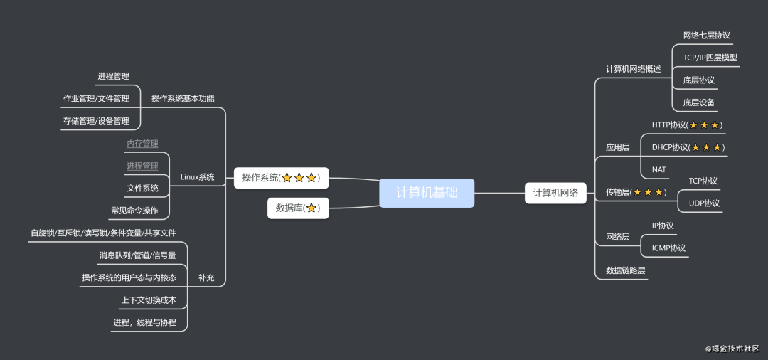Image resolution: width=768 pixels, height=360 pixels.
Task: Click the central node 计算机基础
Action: (427, 193)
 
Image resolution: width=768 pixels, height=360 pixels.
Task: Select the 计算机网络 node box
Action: (555, 193)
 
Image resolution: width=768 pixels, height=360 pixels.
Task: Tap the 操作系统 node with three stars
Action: (281, 178)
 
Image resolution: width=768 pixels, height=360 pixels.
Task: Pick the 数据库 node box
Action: (298, 208)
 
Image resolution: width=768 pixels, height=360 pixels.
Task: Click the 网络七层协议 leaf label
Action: (706, 36)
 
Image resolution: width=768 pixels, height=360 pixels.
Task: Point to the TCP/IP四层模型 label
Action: (709, 58)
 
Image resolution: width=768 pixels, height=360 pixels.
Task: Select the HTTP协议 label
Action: (686, 125)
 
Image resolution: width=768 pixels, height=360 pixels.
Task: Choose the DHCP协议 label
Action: (687, 148)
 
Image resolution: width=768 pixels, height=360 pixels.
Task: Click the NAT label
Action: (659, 170)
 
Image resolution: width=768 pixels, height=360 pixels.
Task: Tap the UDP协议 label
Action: (704, 203)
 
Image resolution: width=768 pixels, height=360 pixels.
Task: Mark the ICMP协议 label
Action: (668, 248)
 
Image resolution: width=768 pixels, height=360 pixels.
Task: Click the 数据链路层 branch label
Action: (626, 271)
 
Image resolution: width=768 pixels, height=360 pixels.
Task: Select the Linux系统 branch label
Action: (198, 177)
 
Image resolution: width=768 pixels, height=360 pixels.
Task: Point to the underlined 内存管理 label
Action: (142, 144)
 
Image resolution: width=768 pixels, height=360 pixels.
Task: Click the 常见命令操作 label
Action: (134, 211)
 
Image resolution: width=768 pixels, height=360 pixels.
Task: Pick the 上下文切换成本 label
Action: (149, 300)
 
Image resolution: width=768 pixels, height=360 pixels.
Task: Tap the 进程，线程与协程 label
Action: (144, 323)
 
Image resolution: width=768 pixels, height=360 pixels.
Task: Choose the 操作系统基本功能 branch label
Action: (183, 99)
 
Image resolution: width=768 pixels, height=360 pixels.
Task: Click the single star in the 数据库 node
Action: (311, 208)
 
